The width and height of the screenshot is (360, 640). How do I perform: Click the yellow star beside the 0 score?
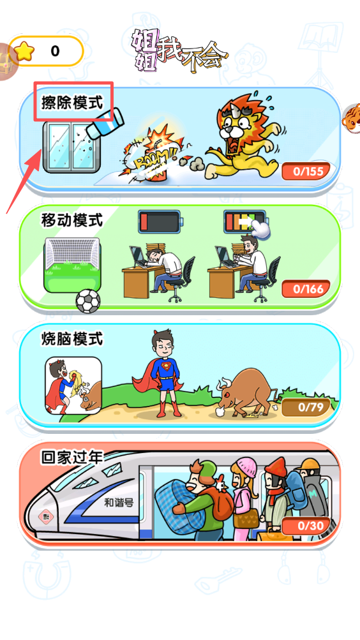click(x=24, y=51)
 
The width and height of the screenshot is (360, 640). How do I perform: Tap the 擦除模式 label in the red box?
click(x=72, y=103)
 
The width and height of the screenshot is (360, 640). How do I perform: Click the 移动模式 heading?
click(x=72, y=221)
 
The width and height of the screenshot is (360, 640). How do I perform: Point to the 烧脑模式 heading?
click(x=72, y=339)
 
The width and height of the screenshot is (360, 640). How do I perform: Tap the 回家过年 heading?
click(x=72, y=457)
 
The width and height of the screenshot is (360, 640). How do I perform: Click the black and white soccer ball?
click(x=87, y=301)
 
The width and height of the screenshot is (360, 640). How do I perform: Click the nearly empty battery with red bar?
click(x=160, y=221)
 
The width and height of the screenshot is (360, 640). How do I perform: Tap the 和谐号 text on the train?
click(x=119, y=502)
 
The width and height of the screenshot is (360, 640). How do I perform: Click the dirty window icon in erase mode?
click(x=72, y=147)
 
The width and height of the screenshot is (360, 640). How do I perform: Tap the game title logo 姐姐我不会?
click(x=178, y=52)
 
